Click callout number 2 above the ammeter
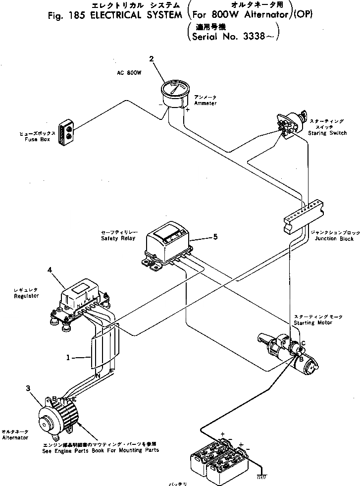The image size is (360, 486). click(152, 59)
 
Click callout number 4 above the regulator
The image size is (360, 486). click(50, 270)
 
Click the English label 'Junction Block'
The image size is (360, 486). click(333, 239)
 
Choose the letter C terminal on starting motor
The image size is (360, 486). click(303, 343)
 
